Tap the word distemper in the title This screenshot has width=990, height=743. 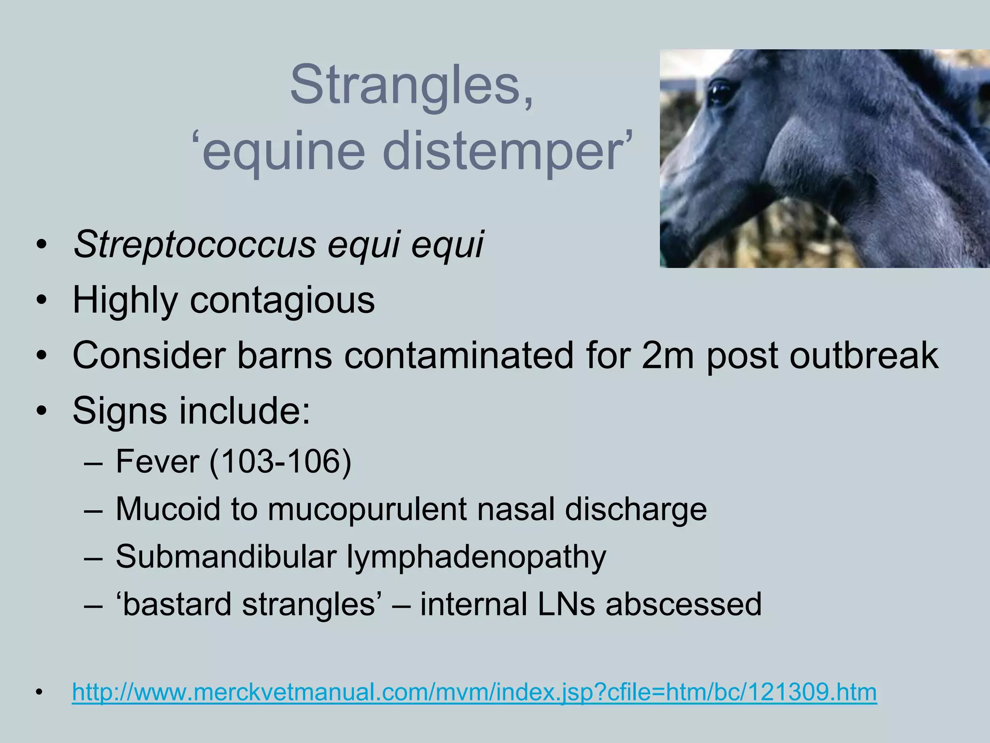click(x=507, y=152)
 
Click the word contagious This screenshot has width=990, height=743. click(x=282, y=300)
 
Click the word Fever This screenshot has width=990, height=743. click(x=158, y=461)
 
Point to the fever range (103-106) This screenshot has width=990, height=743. click(x=280, y=462)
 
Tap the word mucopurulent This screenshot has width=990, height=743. click(x=367, y=509)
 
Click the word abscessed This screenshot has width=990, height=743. click(x=684, y=605)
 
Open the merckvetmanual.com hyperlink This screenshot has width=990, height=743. click(x=474, y=692)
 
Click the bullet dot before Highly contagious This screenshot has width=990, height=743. click(x=42, y=301)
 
